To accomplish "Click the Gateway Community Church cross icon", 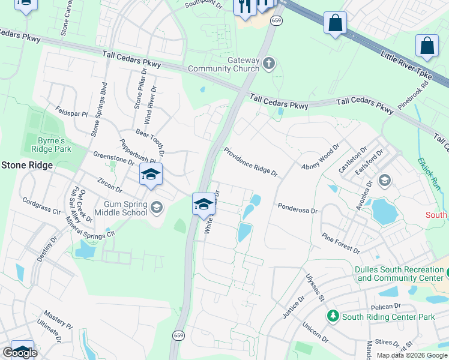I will [270, 62].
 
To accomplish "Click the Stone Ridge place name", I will [26, 165].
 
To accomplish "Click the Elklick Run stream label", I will [429, 175].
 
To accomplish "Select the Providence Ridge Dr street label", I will [251, 162].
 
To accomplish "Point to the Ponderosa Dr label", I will [297, 208].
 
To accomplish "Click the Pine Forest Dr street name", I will [340, 244].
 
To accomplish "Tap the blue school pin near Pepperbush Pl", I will [150, 175].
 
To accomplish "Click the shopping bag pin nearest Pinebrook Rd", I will [427, 46].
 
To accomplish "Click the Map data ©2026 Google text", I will [412, 355].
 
